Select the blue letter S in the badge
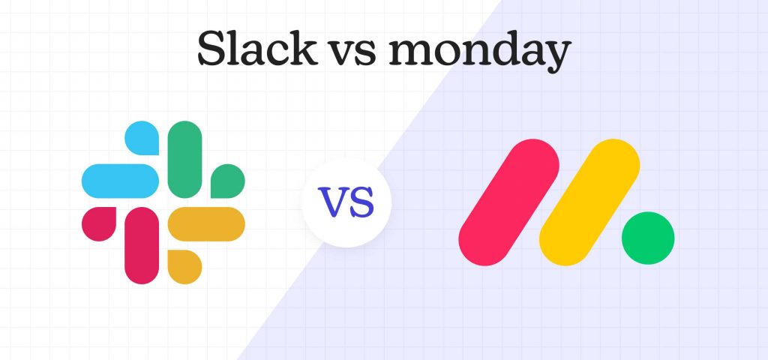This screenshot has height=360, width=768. [x=361, y=203]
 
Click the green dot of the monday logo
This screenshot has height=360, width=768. [x=647, y=238]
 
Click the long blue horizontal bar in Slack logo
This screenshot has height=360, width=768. [x=119, y=178]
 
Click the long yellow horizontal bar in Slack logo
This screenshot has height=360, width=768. [x=206, y=223]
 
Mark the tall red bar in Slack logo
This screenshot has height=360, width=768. [x=142, y=244]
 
